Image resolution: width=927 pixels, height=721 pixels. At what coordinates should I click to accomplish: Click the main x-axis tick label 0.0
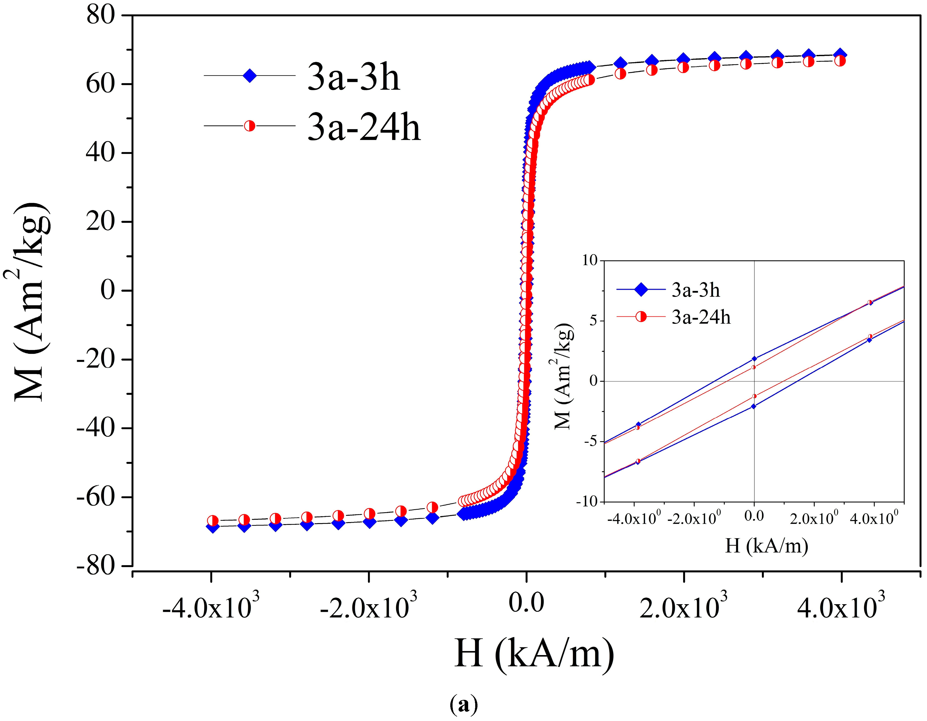(x=526, y=603)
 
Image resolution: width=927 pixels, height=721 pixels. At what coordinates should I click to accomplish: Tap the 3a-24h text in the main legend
(x=364, y=127)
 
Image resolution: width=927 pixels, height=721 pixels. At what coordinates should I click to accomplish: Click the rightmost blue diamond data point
(x=840, y=54)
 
